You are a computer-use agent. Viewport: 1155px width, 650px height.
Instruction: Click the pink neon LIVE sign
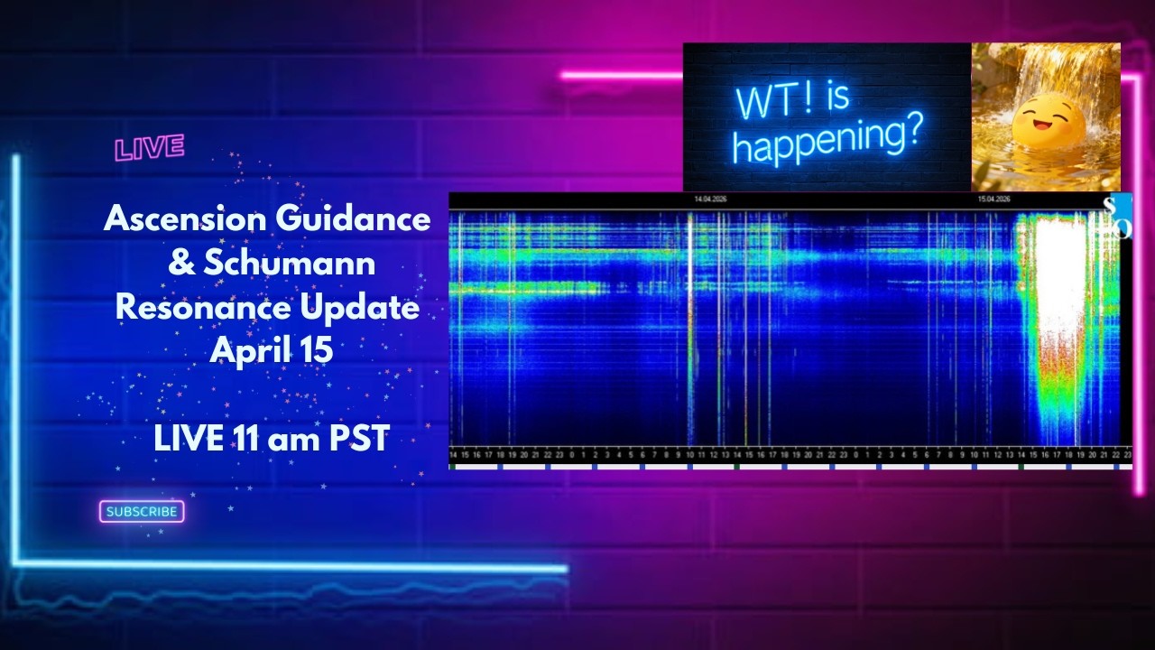(x=150, y=148)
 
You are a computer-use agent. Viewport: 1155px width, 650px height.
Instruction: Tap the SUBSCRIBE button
(x=142, y=512)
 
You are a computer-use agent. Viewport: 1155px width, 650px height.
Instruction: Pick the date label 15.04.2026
(x=993, y=199)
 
